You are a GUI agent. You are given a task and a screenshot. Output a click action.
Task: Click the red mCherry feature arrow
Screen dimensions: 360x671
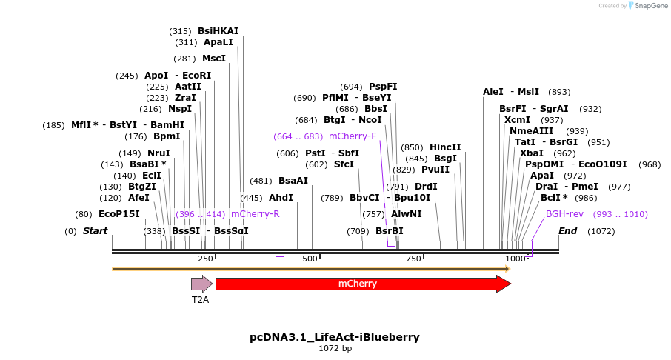pos(363,284)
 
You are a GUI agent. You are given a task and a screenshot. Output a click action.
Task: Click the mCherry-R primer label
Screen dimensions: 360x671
pos(255,214)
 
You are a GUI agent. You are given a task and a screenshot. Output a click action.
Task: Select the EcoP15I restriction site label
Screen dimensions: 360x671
pos(119,214)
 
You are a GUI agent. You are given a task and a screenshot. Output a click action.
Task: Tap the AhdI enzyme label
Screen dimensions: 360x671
pos(281,198)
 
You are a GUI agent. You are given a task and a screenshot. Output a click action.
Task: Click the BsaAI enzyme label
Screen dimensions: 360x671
pos(293,181)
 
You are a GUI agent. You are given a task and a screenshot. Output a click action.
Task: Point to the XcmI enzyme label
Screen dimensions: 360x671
pos(517,120)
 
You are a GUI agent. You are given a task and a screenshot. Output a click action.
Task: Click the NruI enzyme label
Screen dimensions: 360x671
pos(158,153)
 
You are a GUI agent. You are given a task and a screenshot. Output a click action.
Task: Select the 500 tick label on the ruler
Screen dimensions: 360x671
pos(310,259)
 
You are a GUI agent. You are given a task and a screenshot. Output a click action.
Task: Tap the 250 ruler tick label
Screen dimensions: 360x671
pos(205,259)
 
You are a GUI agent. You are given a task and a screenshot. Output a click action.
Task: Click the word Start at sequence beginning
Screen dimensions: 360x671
pos(95,231)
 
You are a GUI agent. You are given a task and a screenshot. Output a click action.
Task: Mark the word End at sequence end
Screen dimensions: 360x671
pos(567,231)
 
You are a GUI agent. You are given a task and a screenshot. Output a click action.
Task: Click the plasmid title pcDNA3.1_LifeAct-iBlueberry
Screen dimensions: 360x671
pos(335,337)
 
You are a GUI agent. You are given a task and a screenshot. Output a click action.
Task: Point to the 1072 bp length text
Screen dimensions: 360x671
pos(335,348)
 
